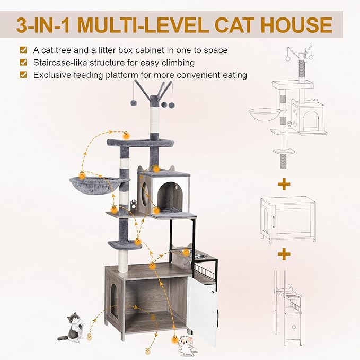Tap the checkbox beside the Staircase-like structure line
[23, 63]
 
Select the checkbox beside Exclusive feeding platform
[23, 75]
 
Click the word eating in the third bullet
[232, 75]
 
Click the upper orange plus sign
[284, 184]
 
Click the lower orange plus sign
[284, 254]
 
